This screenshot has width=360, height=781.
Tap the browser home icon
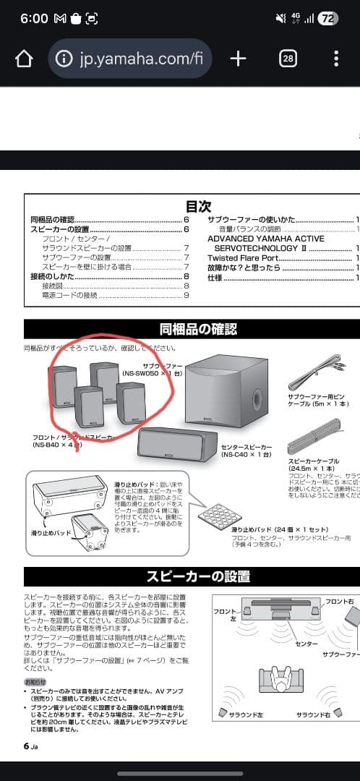coord(24,59)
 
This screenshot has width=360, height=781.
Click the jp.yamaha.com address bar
coord(130,59)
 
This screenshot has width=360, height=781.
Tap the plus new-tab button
coord(238,59)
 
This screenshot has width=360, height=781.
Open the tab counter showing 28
coord(288,59)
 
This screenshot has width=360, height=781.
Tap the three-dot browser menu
coord(336,59)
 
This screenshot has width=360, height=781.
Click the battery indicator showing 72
coord(327,19)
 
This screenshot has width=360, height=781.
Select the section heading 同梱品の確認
coord(197,330)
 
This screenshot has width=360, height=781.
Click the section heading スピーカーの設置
coord(197,576)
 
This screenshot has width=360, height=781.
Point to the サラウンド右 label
coord(314,714)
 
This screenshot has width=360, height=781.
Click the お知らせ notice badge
coord(36,682)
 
